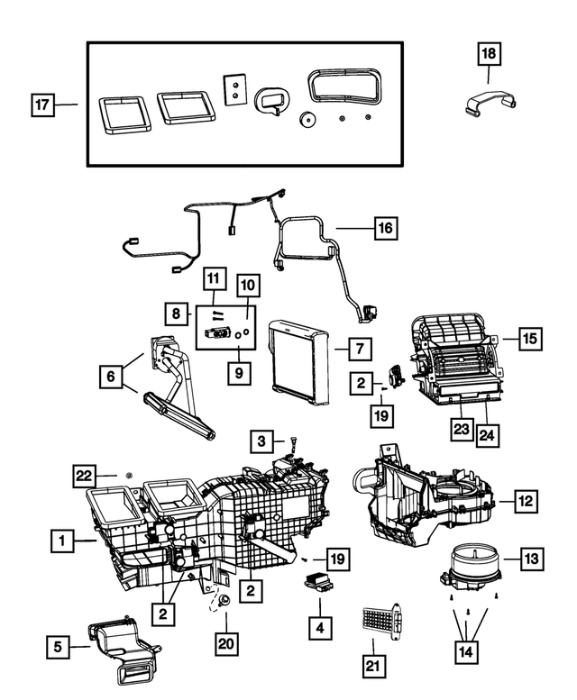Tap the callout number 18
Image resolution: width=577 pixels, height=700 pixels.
pyautogui.click(x=488, y=55)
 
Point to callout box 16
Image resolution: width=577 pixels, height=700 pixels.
pyautogui.click(x=385, y=228)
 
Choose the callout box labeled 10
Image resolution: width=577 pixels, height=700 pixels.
pyautogui.click(x=247, y=286)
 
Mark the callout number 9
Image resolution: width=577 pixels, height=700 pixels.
pyautogui.click(x=238, y=371)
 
